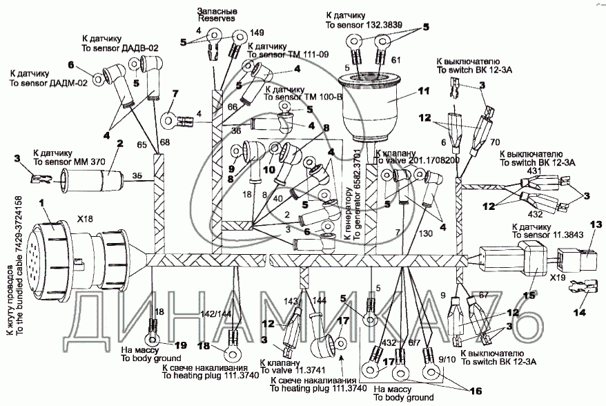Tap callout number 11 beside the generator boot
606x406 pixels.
point(423,90)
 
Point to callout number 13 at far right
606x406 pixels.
point(596,224)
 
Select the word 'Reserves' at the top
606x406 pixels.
point(217,19)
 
